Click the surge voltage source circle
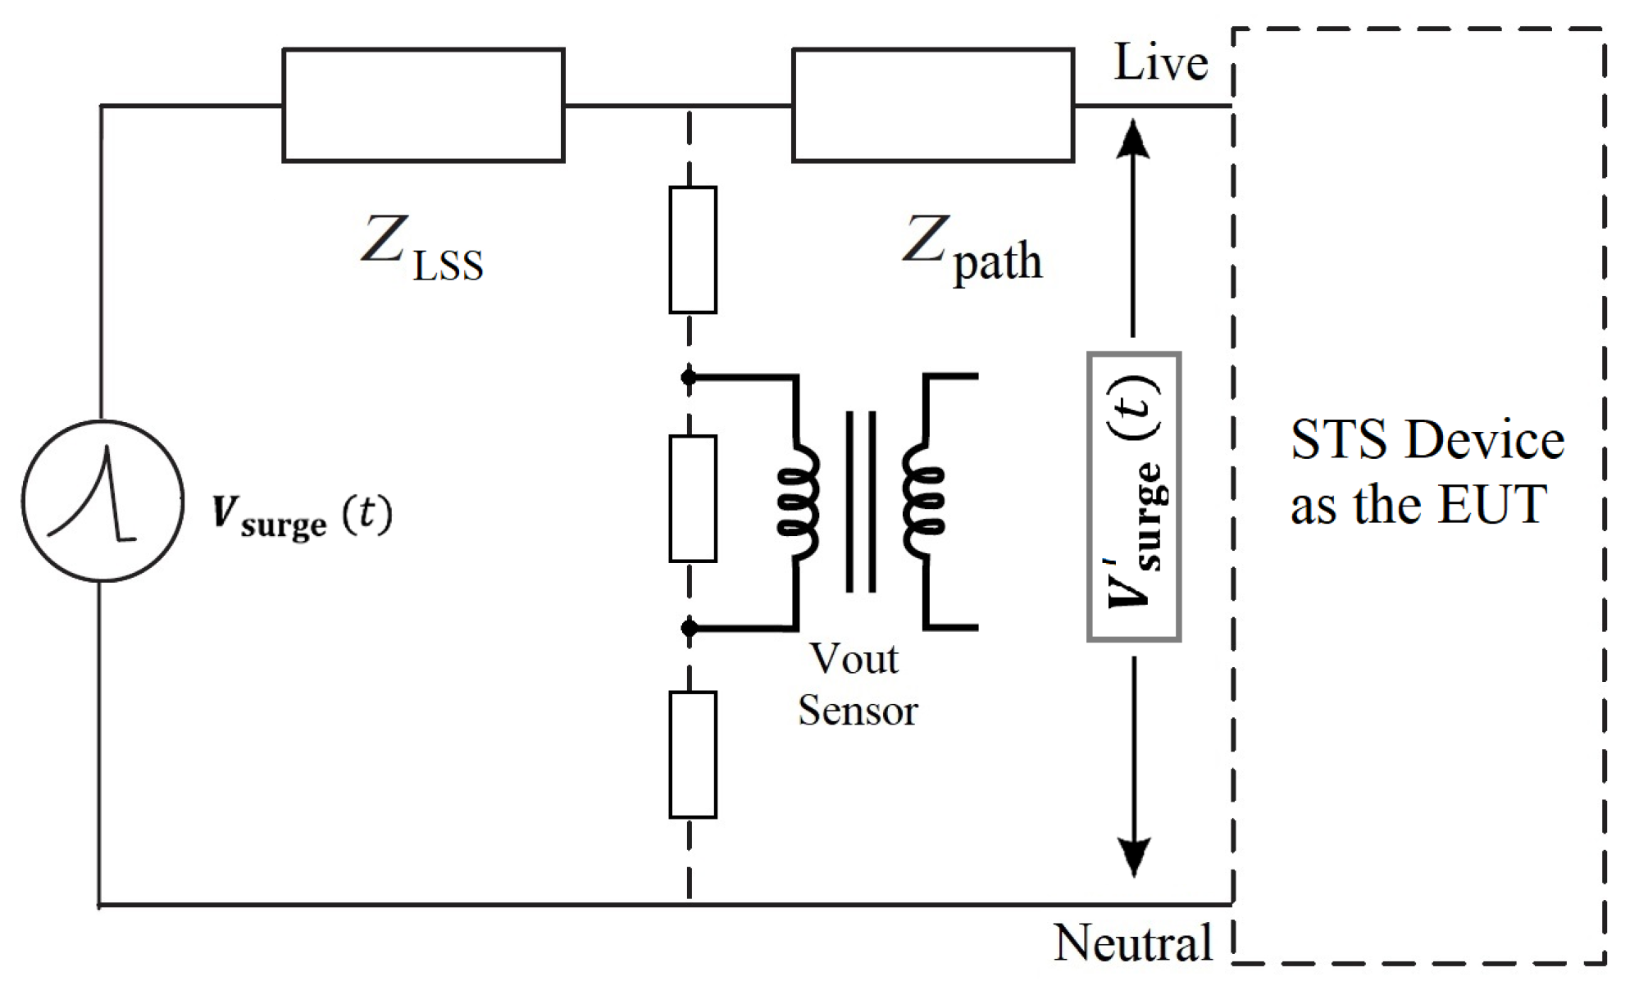tap(102, 501)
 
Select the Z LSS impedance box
tap(423, 105)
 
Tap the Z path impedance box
tap(933, 105)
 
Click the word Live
tap(1160, 63)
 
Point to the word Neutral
tap(1132, 943)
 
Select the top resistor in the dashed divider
tap(693, 250)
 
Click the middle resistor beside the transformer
tap(693, 498)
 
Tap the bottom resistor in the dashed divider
tap(693, 755)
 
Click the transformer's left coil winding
tap(799, 502)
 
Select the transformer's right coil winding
tap(923, 502)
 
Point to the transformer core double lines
tap(861, 502)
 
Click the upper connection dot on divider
tap(689, 377)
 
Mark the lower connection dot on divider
tap(689, 628)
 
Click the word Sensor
tap(858, 710)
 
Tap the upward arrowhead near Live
tap(1133, 139)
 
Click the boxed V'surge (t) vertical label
tap(1134, 497)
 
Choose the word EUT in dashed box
tap(1492, 503)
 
